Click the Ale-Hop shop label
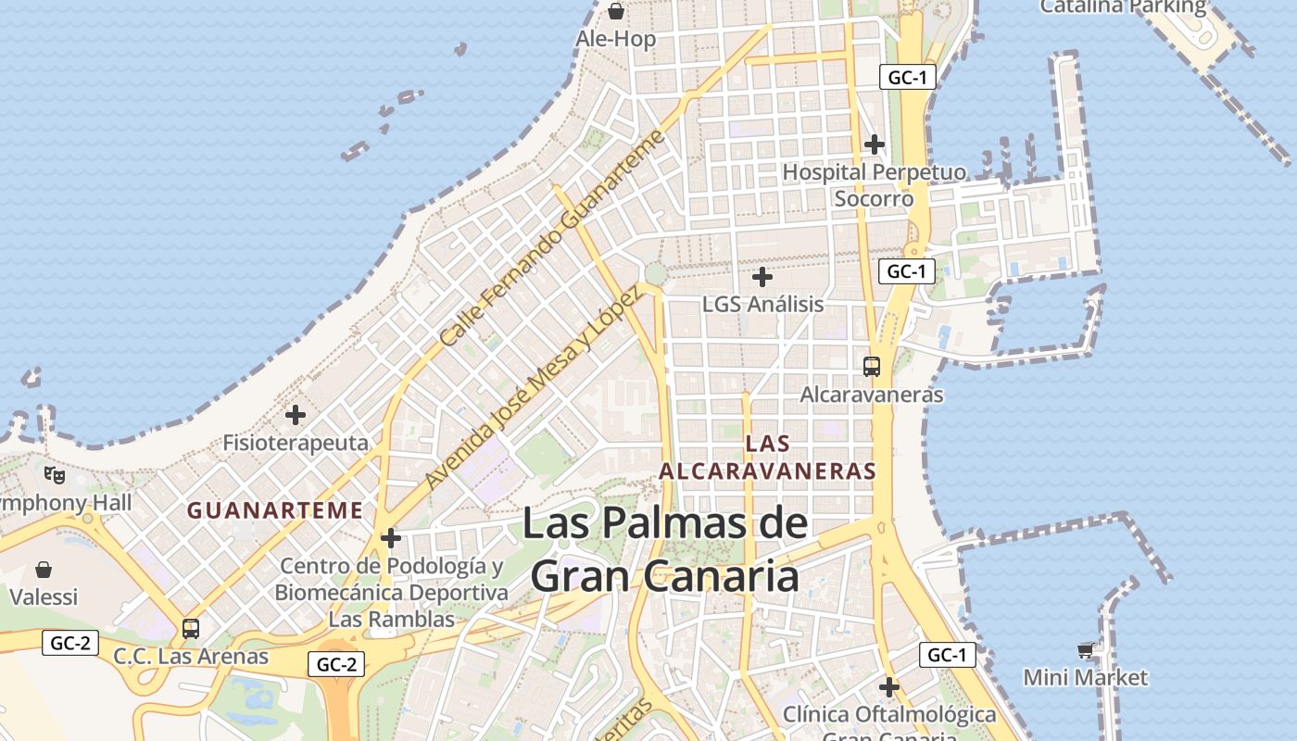[x=615, y=39]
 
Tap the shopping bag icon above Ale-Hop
[x=615, y=11]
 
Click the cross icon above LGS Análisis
[x=762, y=276]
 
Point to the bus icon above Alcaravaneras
[x=872, y=366]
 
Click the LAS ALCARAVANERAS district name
[x=767, y=458]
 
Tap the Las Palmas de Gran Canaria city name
[x=665, y=549]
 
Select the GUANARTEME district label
[x=275, y=510]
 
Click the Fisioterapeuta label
[x=296, y=443]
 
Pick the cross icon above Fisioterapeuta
[x=296, y=414]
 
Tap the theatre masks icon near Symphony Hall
[x=55, y=475]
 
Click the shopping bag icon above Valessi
[x=44, y=569]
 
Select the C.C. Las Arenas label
[x=191, y=657]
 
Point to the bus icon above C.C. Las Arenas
[x=191, y=628]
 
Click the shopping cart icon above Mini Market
[x=1086, y=649]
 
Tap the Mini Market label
[x=1085, y=678]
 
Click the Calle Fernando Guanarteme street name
[x=552, y=238]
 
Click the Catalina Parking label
[x=1123, y=7]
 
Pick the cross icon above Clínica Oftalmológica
[x=889, y=687]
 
